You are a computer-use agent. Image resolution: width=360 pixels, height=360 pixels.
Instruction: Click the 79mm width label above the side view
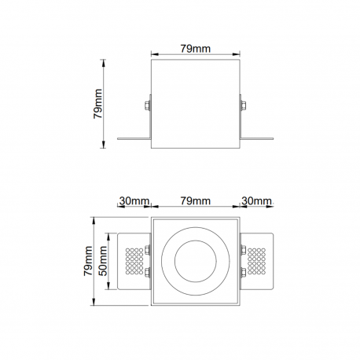(196, 49)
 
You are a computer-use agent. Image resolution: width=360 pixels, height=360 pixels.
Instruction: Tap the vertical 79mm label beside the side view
(97, 104)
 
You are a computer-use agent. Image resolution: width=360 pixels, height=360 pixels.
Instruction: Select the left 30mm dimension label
(134, 201)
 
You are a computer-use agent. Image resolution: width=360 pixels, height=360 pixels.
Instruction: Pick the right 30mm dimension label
(256, 201)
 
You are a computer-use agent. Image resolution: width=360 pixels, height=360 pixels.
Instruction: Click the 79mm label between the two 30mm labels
(196, 201)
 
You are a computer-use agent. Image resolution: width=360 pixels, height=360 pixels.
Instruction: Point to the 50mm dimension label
(103, 261)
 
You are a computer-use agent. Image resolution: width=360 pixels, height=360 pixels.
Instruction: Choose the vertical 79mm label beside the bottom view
(88, 261)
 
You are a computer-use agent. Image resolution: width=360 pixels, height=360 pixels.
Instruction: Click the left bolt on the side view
(147, 105)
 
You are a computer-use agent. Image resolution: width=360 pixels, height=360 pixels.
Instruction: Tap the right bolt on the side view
(244, 105)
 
